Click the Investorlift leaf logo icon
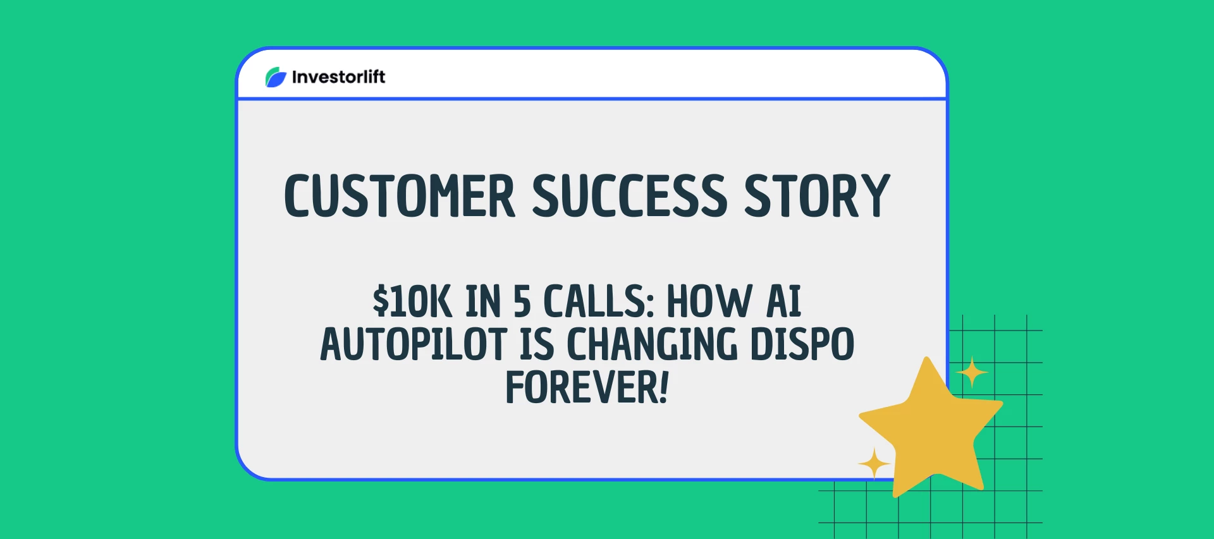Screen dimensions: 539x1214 click(x=276, y=77)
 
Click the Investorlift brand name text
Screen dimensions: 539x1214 click(x=338, y=77)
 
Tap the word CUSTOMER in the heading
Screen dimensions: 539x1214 click(x=400, y=196)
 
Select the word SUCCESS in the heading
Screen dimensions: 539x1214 click(x=630, y=196)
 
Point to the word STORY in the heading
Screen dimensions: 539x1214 click(x=817, y=196)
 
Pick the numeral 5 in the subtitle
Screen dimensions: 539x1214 click(x=522, y=301)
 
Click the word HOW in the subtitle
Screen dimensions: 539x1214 click(x=709, y=301)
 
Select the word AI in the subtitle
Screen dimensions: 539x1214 click(x=783, y=301)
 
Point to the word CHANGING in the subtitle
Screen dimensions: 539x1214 click(x=652, y=344)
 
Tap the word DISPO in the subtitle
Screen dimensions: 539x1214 click(x=802, y=344)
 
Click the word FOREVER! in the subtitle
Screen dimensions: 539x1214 click(x=587, y=387)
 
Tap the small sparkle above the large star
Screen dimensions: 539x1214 click(x=972, y=373)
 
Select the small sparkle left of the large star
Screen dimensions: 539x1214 click(x=874, y=464)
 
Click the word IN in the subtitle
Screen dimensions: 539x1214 click(x=483, y=301)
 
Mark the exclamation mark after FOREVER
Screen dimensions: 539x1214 click(x=663, y=387)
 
